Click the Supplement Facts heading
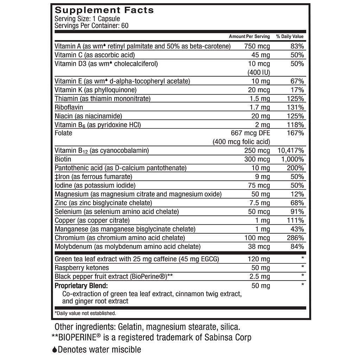(104, 10)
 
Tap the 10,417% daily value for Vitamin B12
(290, 150)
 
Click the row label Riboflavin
(69, 107)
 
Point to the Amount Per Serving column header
(249, 37)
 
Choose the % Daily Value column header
(290, 37)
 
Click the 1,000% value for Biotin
(292, 159)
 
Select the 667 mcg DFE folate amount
(250, 133)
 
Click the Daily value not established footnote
(85, 313)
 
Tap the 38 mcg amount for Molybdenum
(259, 246)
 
